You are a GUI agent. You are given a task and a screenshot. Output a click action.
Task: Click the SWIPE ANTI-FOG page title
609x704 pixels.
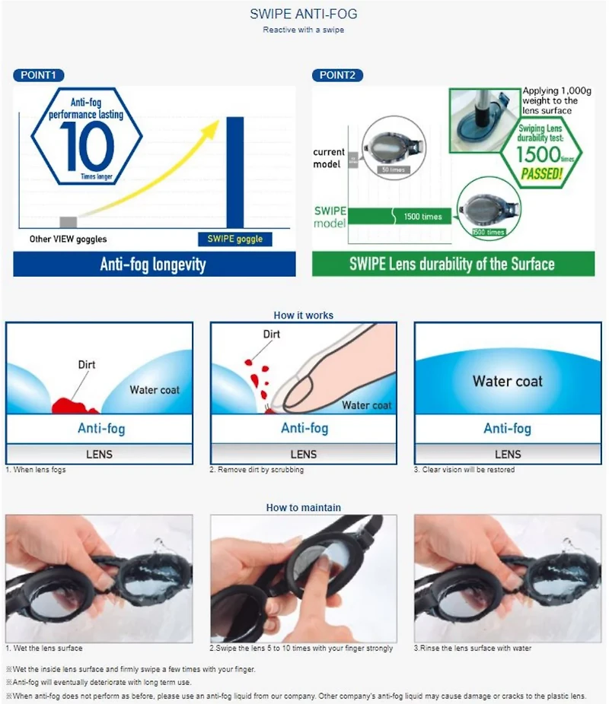click(x=303, y=14)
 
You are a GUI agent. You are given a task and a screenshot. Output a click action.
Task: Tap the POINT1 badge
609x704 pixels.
click(x=38, y=75)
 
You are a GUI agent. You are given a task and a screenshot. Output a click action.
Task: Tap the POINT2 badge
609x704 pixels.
click(x=337, y=75)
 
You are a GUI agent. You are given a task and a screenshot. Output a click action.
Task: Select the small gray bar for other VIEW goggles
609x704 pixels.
click(x=68, y=222)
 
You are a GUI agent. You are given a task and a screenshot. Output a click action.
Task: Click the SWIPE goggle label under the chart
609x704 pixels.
click(x=234, y=239)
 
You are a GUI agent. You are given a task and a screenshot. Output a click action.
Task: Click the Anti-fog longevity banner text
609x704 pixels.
click(x=153, y=265)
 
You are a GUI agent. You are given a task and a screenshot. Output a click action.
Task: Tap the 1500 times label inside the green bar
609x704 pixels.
click(x=422, y=217)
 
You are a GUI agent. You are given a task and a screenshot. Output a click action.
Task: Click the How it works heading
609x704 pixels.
click(x=303, y=315)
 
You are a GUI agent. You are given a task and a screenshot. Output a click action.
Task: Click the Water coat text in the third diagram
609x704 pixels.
click(x=508, y=381)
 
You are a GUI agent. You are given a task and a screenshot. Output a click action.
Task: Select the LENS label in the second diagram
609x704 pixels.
click(x=304, y=454)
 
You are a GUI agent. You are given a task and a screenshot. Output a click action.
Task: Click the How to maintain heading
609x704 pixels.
click(x=303, y=507)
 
